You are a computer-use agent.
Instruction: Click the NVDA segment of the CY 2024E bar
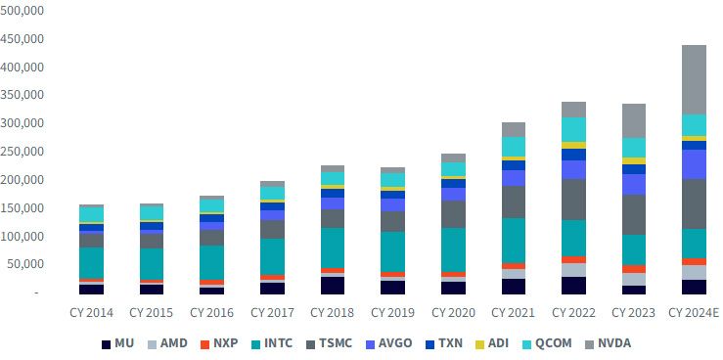pyautogui.click(x=694, y=80)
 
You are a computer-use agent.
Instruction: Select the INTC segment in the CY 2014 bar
pyautogui.click(x=91, y=263)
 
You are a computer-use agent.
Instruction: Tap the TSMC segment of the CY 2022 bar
pyautogui.click(x=573, y=200)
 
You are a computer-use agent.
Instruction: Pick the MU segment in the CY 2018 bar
pyautogui.click(x=332, y=286)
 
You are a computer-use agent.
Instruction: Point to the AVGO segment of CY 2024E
pyautogui.click(x=694, y=164)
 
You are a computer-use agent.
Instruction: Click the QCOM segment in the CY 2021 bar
pyautogui.click(x=514, y=147)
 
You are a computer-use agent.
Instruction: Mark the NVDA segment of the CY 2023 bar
pyautogui.click(x=634, y=120)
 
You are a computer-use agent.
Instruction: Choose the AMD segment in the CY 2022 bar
pyautogui.click(x=573, y=270)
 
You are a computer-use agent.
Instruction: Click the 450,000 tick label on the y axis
pyautogui.click(x=22, y=39)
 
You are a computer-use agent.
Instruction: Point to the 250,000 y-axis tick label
pyautogui.click(x=22, y=152)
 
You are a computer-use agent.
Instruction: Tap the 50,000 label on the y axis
pyautogui.click(x=24, y=264)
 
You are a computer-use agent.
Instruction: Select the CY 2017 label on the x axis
pyautogui.click(x=272, y=313)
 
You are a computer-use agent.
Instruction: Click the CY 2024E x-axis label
pyautogui.click(x=694, y=313)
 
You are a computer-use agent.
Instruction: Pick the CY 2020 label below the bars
pyautogui.click(x=453, y=313)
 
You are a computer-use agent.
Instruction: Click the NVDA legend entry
pyautogui.click(x=609, y=343)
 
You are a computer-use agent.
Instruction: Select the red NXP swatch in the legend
pyautogui.click(x=205, y=344)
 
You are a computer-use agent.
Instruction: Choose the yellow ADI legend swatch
pyautogui.click(x=479, y=344)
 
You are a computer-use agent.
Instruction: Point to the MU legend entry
pyautogui.click(x=117, y=343)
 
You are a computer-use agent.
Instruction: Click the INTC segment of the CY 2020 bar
pyautogui.click(x=453, y=249)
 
